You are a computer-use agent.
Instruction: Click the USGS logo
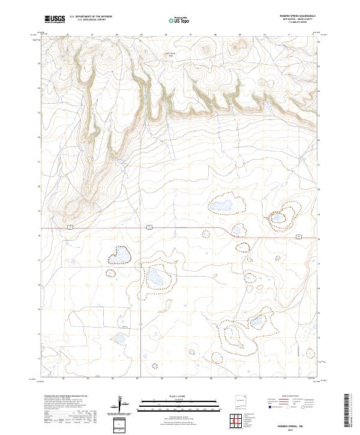click(x=55, y=19)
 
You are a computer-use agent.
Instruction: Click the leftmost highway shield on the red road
click(x=70, y=227)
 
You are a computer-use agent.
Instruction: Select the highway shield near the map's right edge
click(x=298, y=238)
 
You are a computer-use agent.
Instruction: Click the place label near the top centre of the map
click(x=172, y=55)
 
